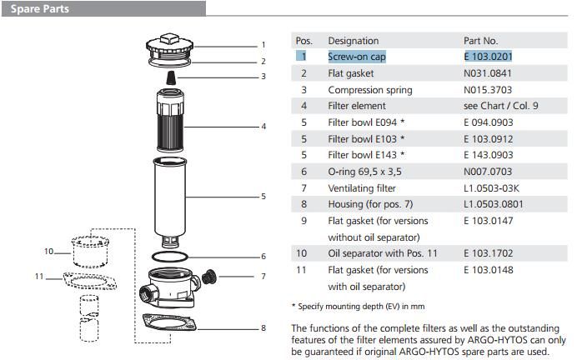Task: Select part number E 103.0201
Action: [488, 57]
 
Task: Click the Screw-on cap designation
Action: [357, 57]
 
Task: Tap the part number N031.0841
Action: [488, 73]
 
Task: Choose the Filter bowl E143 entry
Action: [367, 155]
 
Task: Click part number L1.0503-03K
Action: [491, 188]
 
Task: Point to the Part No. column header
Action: [480, 41]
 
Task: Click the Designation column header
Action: [353, 41]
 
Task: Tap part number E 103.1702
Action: [488, 253]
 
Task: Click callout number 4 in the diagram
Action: [263, 127]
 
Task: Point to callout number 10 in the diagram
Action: [48, 251]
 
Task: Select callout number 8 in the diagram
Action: [263, 327]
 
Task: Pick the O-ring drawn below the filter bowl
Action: [181, 256]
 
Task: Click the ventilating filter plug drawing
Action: [210, 276]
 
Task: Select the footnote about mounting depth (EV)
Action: [358, 306]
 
